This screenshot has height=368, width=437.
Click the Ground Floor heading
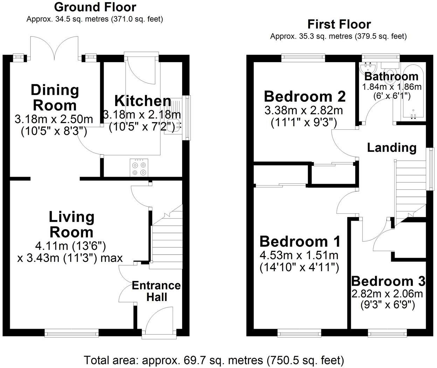(x=95, y=7)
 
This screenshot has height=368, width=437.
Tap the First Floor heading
(x=339, y=24)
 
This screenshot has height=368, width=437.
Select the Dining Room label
(x=55, y=98)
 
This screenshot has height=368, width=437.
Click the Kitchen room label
(x=143, y=101)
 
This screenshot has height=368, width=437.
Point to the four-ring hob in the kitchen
(x=138, y=167)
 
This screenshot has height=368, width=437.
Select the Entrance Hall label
(x=156, y=291)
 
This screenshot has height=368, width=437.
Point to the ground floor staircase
(x=167, y=239)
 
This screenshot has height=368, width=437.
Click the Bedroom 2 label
(x=305, y=96)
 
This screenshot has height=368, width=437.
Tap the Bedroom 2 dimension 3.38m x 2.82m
(x=304, y=111)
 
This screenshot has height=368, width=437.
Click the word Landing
(x=391, y=148)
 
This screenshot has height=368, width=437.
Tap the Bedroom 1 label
(x=300, y=242)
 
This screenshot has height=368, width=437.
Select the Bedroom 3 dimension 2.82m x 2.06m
(x=388, y=294)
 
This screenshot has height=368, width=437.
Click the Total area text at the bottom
(x=214, y=360)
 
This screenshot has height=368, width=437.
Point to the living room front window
(x=71, y=332)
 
